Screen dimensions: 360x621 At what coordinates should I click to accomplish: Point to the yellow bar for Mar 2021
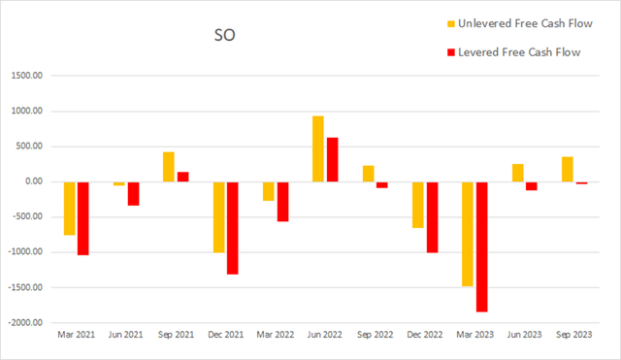point(69,208)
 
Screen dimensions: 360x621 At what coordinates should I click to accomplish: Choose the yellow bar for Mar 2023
point(468,234)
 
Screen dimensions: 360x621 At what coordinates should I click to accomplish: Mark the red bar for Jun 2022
point(332,159)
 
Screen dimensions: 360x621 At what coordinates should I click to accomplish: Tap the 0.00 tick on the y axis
point(39,181)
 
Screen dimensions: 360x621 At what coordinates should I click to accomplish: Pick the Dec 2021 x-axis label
point(225,335)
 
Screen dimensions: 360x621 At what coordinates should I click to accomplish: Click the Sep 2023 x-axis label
point(574,335)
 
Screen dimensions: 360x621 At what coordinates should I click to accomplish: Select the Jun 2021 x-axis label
point(125,335)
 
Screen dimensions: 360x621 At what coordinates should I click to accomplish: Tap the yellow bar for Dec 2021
point(218,216)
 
